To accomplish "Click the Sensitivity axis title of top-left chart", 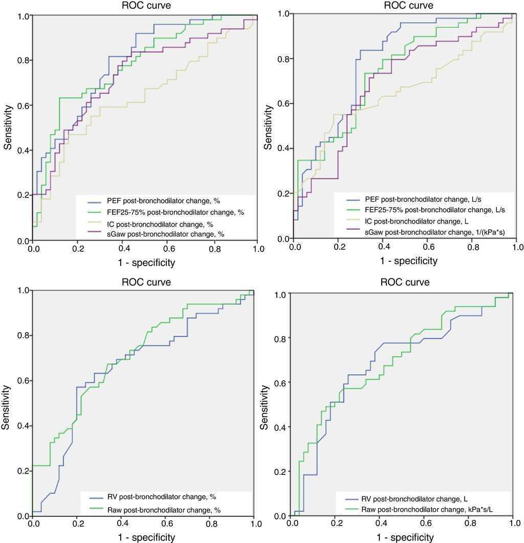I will point(9,127).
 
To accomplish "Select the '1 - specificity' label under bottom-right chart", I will point(406,537).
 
